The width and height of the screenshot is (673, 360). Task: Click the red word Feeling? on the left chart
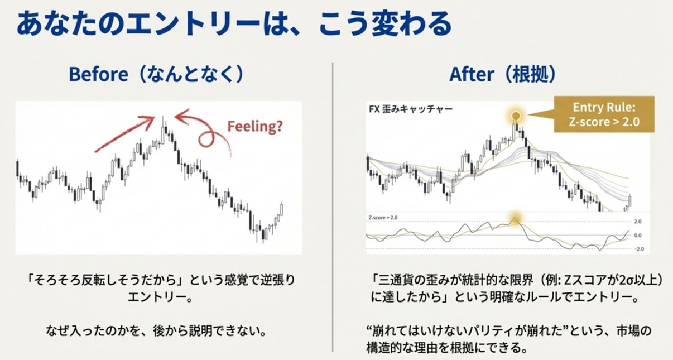click(x=255, y=126)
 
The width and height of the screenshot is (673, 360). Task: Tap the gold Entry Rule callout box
click(x=604, y=114)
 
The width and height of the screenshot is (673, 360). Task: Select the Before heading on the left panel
click(x=99, y=74)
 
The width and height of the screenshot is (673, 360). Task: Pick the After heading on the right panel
click(x=472, y=74)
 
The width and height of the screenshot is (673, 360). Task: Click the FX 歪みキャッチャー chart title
click(x=410, y=109)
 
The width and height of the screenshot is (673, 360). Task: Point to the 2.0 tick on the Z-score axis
click(x=637, y=222)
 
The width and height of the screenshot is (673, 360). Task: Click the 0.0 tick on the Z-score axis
click(x=637, y=236)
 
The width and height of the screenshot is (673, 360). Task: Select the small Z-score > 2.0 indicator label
click(x=383, y=217)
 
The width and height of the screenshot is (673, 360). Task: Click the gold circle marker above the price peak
click(x=516, y=116)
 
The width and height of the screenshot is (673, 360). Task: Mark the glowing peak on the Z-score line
click(x=515, y=218)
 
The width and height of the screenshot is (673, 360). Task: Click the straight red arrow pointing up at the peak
click(x=124, y=134)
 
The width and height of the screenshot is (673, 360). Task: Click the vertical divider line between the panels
click(x=333, y=207)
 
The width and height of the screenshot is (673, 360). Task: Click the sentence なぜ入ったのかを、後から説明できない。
click(x=156, y=330)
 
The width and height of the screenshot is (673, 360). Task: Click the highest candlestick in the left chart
click(x=163, y=131)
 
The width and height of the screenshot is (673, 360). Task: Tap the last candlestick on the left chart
click(x=281, y=209)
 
